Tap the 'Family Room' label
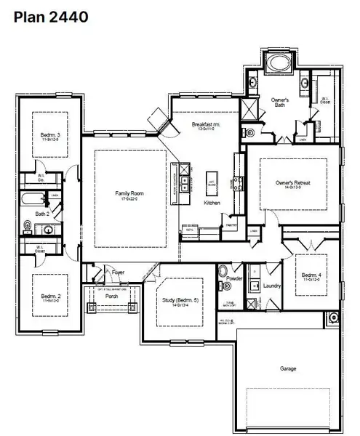click(x=128, y=194)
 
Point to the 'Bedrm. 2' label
click(x=49, y=297)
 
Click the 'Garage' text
click(x=288, y=368)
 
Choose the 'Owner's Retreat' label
click(x=293, y=183)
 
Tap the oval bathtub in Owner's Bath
click(x=278, y=63)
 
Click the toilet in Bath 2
click(x=29, y=227)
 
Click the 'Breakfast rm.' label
click(x=206, y=125)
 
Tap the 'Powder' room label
click(x=234, y=279)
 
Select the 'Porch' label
click(x=111, y=296)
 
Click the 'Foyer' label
click(x=118, y=272)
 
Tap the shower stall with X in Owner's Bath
click(x=251, y=109)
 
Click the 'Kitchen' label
click(x=212, y=203)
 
